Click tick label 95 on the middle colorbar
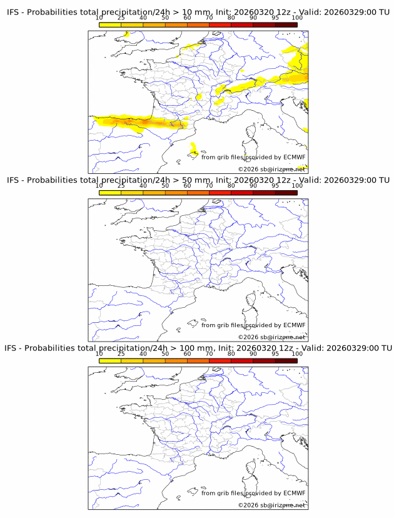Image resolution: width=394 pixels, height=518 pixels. pos(275,186)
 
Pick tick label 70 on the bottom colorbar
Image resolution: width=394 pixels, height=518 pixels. pos(209,353)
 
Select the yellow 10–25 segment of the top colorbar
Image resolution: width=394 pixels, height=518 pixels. pos(110,24)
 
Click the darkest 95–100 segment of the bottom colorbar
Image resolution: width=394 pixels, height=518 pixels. pos(286,360)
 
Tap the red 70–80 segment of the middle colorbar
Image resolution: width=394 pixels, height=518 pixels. pos(220,193)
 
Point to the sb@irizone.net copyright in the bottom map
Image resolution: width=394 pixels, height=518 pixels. pos(275,505)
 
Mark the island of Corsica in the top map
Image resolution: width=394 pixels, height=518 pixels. pos(253,133)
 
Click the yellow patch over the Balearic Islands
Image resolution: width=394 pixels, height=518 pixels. pos(194,149)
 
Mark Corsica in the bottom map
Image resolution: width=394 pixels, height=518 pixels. pos(253,469)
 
